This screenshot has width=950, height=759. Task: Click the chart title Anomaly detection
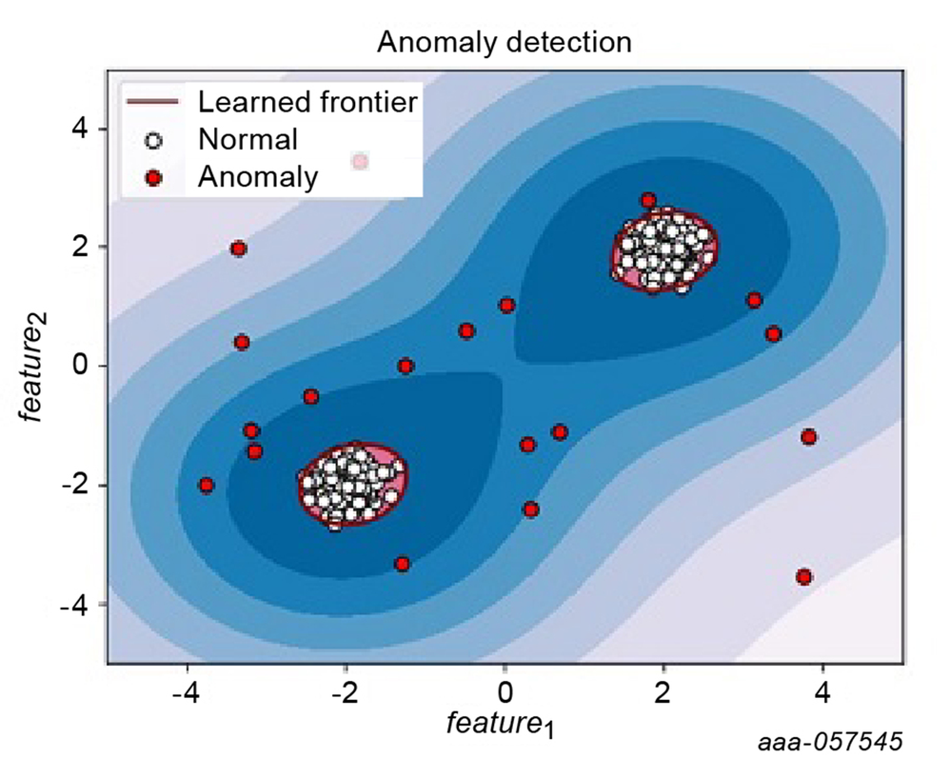coord(504,42)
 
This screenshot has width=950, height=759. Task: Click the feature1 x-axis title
coord(501,725)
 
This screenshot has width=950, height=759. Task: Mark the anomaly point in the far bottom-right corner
coord(804,576)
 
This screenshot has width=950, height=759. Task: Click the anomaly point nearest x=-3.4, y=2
coord(239,249)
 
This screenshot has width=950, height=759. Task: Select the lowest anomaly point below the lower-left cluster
coord(402,564)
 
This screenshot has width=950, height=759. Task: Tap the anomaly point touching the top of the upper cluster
coord(648,200)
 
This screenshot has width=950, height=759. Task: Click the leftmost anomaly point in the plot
coord(207,485)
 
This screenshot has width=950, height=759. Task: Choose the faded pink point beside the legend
coord(360,162)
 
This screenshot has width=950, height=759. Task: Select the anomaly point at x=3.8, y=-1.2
coord(809,437)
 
